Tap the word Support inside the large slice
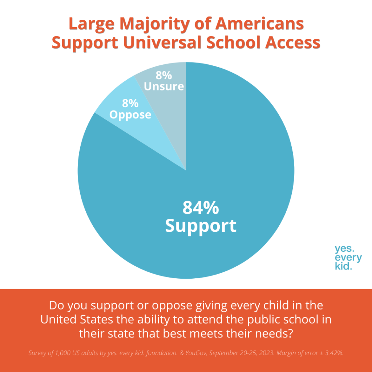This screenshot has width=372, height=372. [x=201, y=226]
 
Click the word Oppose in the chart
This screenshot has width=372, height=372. [x=130, y=115]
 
